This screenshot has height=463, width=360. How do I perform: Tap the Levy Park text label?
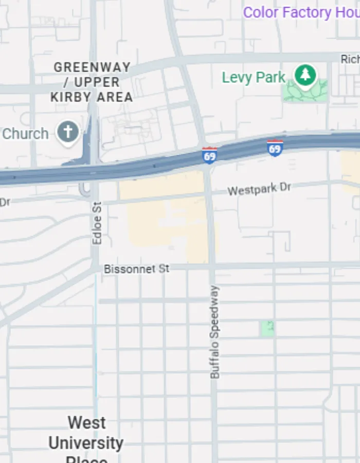pos(254,78)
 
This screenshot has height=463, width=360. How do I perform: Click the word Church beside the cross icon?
pos(25,134)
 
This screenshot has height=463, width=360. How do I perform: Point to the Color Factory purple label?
pos(301,12)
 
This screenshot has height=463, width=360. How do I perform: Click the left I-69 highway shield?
pos(209,155)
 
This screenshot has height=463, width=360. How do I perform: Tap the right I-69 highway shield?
pos(275,148)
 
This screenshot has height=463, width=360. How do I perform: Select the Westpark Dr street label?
pos(259,189)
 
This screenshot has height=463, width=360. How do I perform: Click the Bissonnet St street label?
pos(136,269)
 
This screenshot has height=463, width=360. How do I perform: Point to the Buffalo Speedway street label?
pos(214,332)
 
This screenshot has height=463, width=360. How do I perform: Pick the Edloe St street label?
pos(97,223)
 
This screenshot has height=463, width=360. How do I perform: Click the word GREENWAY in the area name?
pos(92,67)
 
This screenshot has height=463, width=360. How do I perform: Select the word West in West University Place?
pos(87,423)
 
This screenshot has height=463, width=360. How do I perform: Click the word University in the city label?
pos(86,442)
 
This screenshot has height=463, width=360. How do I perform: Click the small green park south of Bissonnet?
pos(267,328)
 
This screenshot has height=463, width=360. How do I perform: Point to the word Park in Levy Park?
pos(270,78)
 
